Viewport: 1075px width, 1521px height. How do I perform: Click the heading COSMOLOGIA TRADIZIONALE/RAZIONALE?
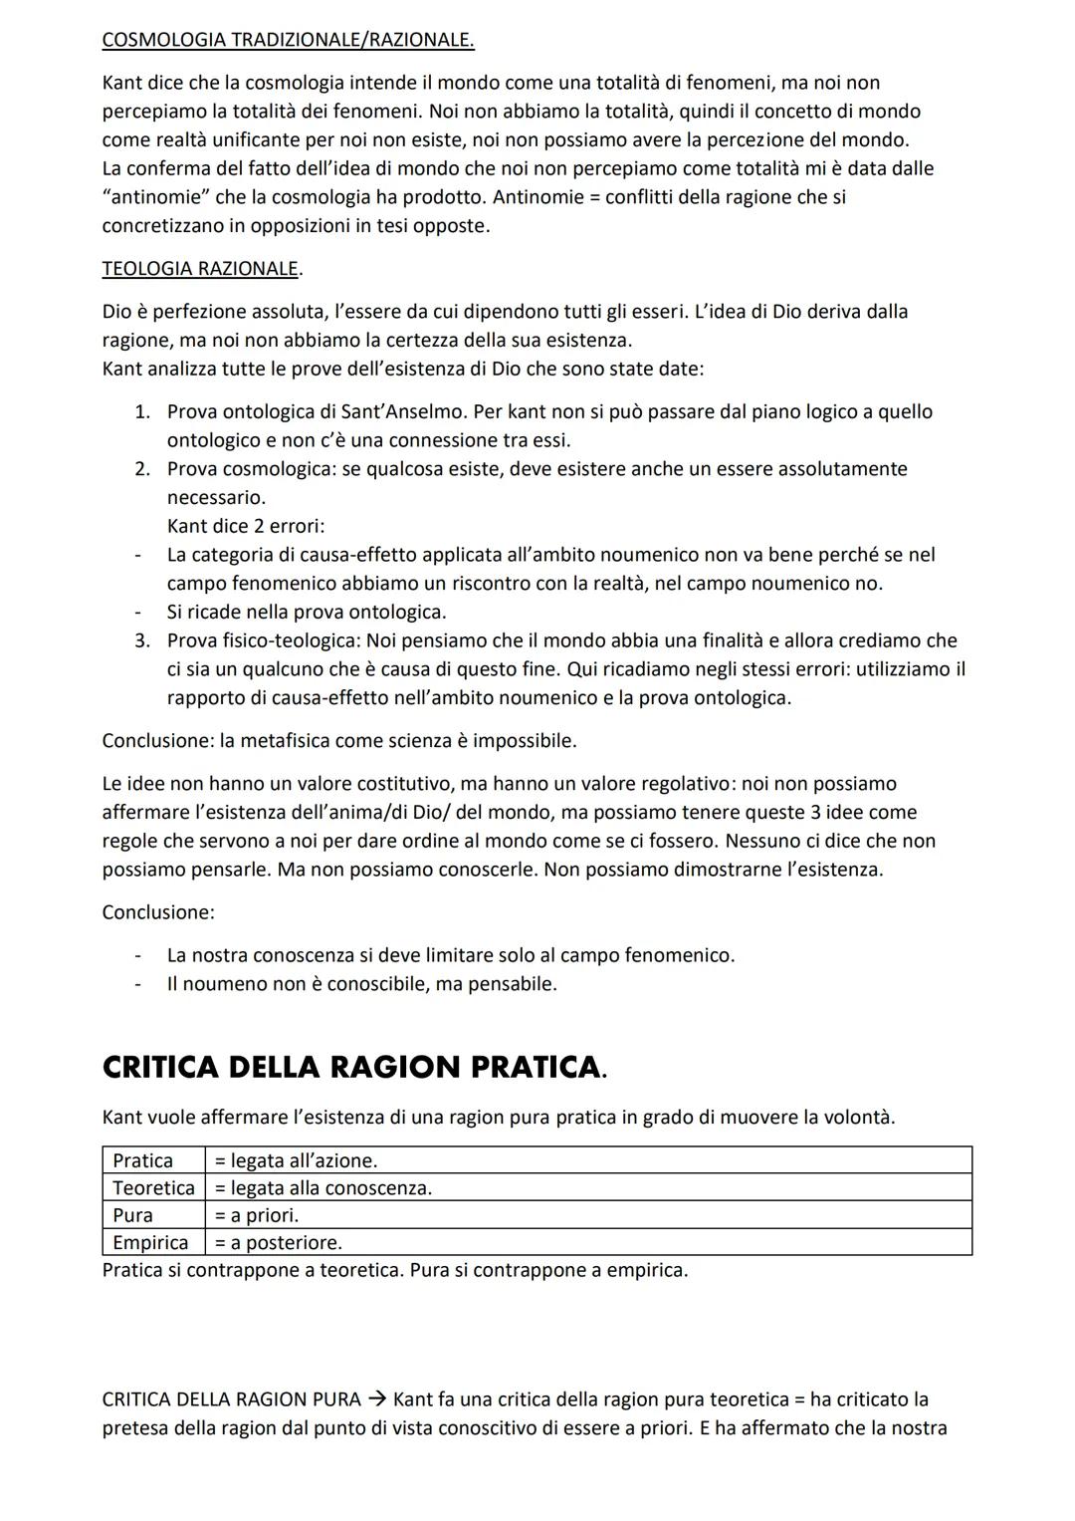click(288, 40)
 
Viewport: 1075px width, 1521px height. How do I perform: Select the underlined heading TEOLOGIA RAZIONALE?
click(200, 268)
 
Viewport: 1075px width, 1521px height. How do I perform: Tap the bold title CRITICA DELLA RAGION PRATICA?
click(353, 1068)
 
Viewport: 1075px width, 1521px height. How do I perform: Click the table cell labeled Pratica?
click(143, 1160)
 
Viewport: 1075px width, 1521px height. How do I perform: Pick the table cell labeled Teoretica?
click(153, 1187)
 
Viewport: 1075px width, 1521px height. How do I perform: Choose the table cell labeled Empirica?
click(150, 1242)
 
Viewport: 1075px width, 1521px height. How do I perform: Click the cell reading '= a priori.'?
click(257, 1215)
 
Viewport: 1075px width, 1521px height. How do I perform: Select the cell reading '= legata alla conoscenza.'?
click(323, 1187)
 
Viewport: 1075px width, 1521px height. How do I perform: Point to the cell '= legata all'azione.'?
click(296, 1160)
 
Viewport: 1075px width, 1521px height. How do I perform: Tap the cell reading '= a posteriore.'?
click(279, 1242)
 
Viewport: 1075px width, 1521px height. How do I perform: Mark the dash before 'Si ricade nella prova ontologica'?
click(139, 612)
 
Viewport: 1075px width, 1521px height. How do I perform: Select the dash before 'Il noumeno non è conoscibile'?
click(139, 984)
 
